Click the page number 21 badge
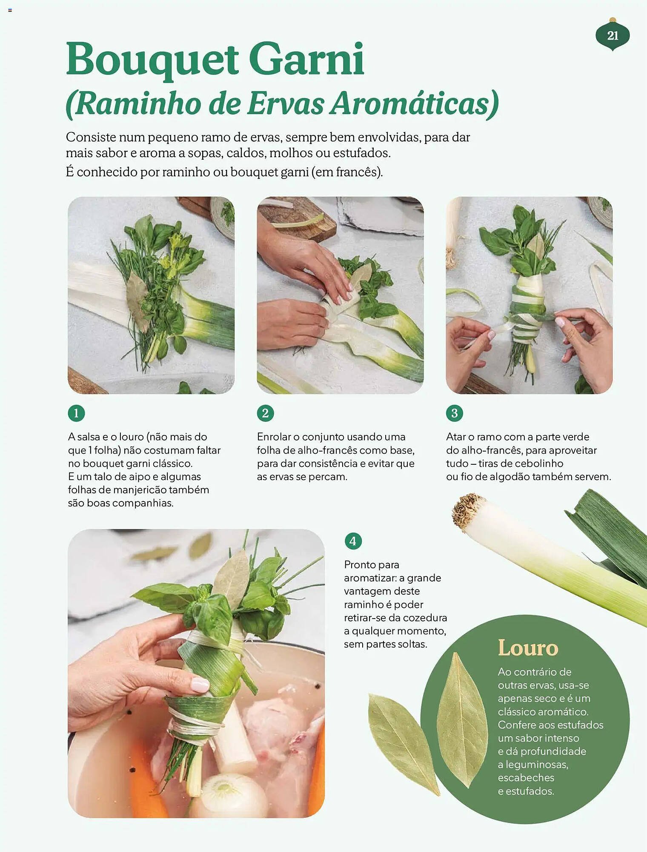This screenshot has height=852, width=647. (613, 35)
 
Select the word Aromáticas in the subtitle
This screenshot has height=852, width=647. (414, 104)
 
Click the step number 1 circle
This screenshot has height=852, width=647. (76, 413)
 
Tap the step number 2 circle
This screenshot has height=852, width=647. (265, 413)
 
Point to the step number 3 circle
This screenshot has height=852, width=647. (454, 413)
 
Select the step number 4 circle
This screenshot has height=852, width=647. (353, 541)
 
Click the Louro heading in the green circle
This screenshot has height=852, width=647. (528, 648)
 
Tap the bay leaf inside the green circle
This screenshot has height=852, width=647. (462, 720)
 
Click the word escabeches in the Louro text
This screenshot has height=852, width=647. (526, 777)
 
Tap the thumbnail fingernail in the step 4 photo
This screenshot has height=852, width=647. (200, 685)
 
